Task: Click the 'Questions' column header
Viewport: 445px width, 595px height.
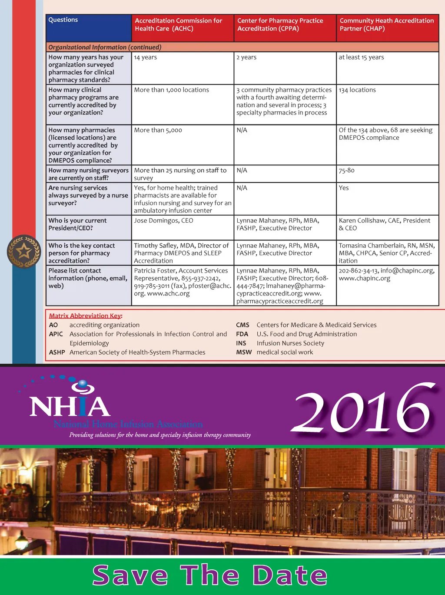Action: click(63, 20)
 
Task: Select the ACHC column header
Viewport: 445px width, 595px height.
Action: click(178, 25)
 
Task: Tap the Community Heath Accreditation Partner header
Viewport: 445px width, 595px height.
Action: click(386, 25)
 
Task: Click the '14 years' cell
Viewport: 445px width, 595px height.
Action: click(146, 57)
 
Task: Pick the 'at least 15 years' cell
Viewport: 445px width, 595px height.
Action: click(361, 57)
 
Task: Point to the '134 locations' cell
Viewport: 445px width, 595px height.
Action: click(357, 90)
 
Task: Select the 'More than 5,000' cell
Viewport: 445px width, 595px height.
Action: click(158, 130)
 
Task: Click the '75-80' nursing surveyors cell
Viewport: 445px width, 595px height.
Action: click(347, 171)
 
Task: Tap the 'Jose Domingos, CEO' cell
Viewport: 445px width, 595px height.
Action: click(163, 221)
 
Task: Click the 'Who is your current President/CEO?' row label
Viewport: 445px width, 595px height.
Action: click(77, 224)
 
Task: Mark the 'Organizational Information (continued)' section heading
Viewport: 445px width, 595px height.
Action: click(105, 47)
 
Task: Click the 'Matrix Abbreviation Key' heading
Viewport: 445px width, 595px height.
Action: click(86, 316)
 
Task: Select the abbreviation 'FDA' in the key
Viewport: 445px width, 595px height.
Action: click(242, 334)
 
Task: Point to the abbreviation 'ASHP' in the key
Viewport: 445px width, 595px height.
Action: click(57, 352)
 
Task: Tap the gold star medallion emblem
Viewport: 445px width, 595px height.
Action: click(24, 251)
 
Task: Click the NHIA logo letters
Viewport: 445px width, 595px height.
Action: click(70, 406)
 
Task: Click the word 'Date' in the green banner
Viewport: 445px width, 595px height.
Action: click(290, 576)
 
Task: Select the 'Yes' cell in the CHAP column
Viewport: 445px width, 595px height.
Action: click(344, 188)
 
